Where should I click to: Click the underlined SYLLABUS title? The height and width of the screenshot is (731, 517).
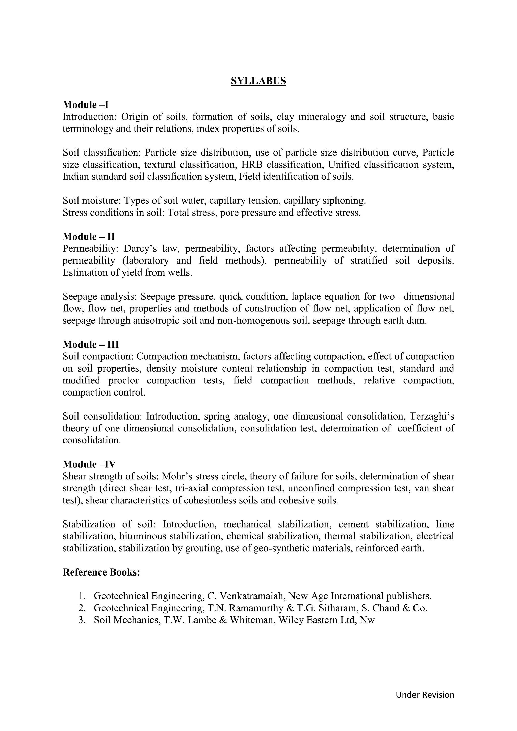[x=258, y=81]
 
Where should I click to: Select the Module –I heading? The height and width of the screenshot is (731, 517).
[x=85, y=105]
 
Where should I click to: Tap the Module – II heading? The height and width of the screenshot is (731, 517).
[x=89, y=237]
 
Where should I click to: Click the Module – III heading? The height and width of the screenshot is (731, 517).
[x=91, y=345]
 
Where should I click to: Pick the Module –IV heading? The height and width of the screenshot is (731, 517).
[x=89, y=464]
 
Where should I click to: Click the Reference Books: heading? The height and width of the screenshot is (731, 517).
[x=101, y=572]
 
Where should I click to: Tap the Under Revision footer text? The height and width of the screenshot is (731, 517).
[x=425, y=695]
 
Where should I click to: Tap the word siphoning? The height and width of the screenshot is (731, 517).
[x=344, y=201]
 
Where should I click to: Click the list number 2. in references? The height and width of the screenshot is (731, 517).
[x=82, y=608]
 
